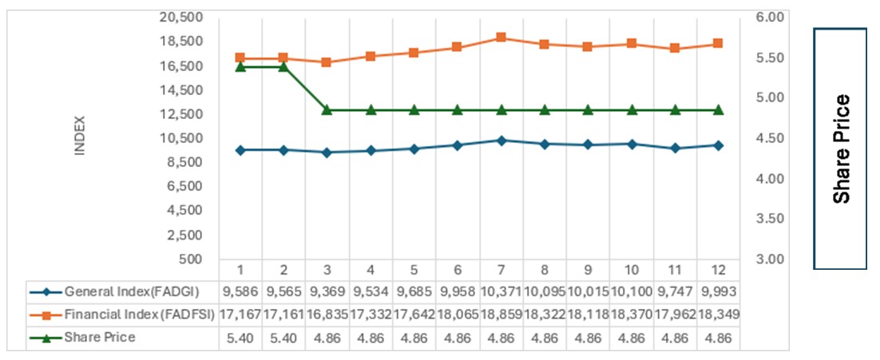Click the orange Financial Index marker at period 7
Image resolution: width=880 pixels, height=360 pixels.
click(501, 38)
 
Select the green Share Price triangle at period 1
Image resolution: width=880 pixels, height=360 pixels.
click(240, 67)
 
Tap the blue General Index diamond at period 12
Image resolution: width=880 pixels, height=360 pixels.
click(718, 145)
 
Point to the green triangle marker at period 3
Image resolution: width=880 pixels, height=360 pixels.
click(327, 109)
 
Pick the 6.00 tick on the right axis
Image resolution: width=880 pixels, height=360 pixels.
click(775, 17)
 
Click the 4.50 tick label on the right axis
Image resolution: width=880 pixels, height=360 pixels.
click(775, 138)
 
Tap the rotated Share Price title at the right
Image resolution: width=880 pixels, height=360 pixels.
click(841, 148)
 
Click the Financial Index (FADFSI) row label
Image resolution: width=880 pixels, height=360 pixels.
click(138, 315)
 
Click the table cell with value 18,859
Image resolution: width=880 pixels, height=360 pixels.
click(501, 315)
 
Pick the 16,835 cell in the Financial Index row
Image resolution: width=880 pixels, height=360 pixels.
click(327, 315)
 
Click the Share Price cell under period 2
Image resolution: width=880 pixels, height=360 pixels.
click(283, 338)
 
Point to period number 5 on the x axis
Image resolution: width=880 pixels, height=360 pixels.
click(414, 269)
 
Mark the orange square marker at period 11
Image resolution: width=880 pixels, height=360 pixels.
click(675, 48)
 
